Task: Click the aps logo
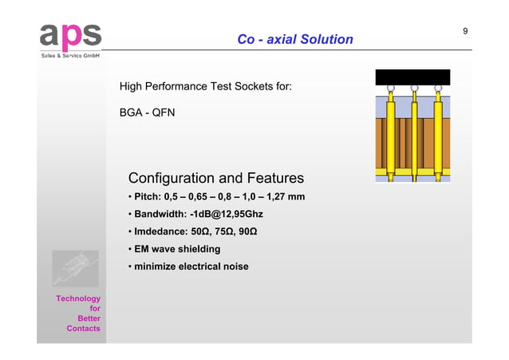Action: click(70, 36)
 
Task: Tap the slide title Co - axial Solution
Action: click(294, 39)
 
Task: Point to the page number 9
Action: click(465, 31)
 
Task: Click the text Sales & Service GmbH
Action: click(70, 57)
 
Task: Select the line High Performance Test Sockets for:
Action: click(205, 86)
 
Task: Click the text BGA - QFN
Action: click(147, 113)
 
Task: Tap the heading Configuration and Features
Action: click(215, 178)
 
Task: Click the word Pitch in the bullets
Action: click(147, 197)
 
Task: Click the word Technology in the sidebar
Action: click(77, 299)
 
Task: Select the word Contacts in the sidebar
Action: click(83, 329)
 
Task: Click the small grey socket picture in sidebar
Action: click(75, 268)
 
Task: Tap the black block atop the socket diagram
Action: click(413, 77)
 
